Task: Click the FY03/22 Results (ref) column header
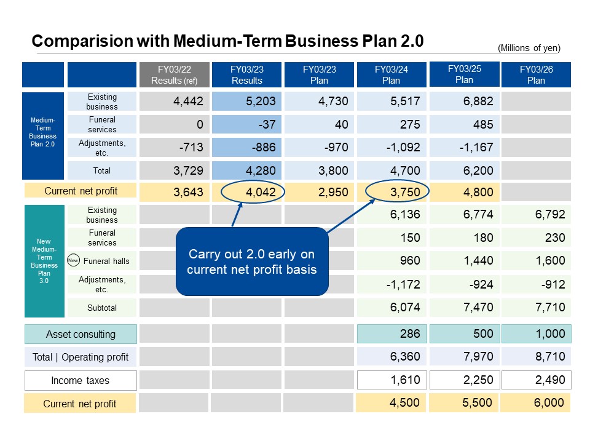coord(175,74)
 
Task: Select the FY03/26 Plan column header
coord(536,74)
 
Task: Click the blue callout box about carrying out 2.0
coord(252,261)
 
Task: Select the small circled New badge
coord(74,260)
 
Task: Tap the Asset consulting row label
coord(81,334)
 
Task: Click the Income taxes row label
coord(81,380)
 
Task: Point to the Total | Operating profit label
coord(81,357)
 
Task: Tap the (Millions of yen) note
coord(529,48)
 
